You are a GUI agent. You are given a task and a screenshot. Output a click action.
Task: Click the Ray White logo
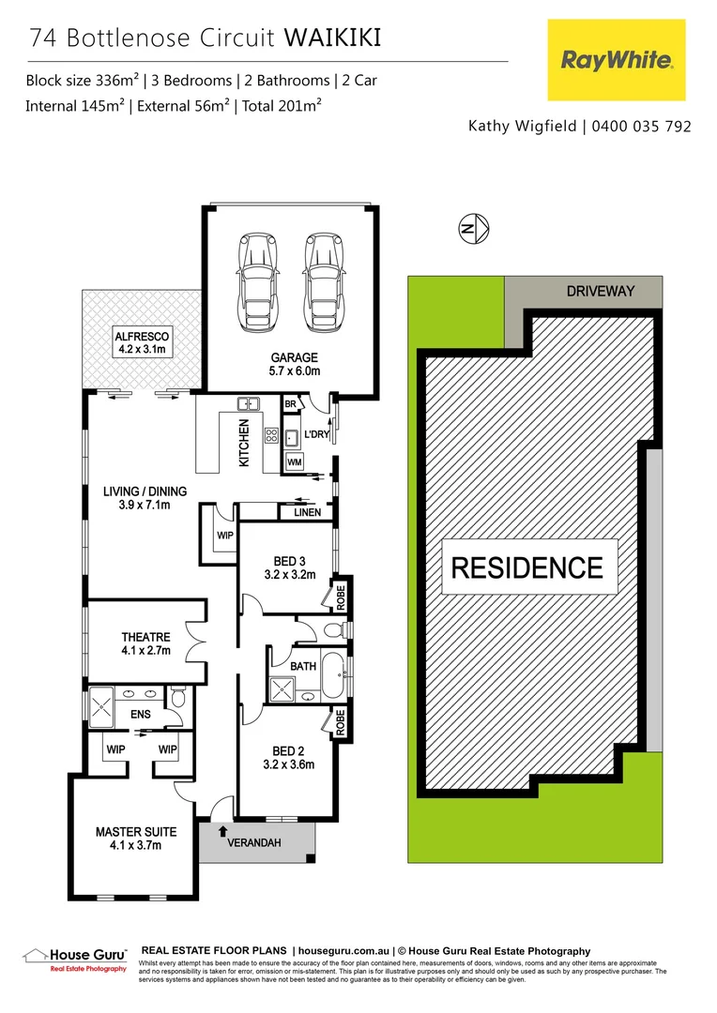(x=617, y=60)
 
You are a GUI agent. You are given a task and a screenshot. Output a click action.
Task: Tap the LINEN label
(x=307, y=512)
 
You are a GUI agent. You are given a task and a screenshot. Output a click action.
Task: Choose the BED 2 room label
(x=288, y=756)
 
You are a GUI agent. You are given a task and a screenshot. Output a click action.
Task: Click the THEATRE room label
(x=145, y=643)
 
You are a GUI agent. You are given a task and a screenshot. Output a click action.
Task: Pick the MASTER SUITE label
(x=136, y=838)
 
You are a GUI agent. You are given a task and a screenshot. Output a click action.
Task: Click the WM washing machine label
(x=295, y=462)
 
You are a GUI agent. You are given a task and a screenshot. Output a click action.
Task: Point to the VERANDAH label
(x=255, y=842)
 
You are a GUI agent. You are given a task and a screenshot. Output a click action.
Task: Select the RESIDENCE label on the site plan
(x=528, y=567)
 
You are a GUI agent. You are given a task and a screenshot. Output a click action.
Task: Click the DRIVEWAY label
(x=601, y=291)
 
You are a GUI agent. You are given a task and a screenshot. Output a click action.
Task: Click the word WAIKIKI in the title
(x=333, y=38)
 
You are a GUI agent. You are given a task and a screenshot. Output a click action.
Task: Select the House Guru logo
(x=75, y=958)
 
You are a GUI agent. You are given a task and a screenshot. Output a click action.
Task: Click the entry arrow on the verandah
(x=222, y=829)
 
